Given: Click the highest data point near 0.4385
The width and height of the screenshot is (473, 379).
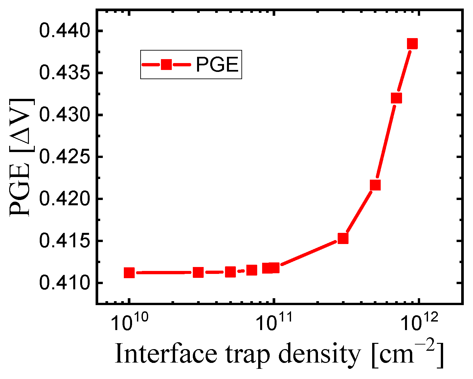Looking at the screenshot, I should coord(412,44).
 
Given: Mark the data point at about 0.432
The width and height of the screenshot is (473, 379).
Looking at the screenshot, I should coord(396,98).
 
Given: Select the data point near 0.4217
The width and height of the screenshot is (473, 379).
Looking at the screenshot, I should coord(375,185).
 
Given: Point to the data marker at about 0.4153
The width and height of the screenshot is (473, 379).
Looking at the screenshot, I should coord(343,238).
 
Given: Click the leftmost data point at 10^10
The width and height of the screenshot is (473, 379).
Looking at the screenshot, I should coord(129,273).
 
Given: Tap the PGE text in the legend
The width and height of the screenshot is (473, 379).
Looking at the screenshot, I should coord(217,65).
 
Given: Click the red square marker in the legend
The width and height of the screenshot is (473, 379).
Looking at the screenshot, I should coord(166,65).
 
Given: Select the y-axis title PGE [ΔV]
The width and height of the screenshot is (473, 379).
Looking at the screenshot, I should coord(20,157).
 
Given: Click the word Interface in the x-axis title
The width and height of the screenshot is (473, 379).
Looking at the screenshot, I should coord(166,354).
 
